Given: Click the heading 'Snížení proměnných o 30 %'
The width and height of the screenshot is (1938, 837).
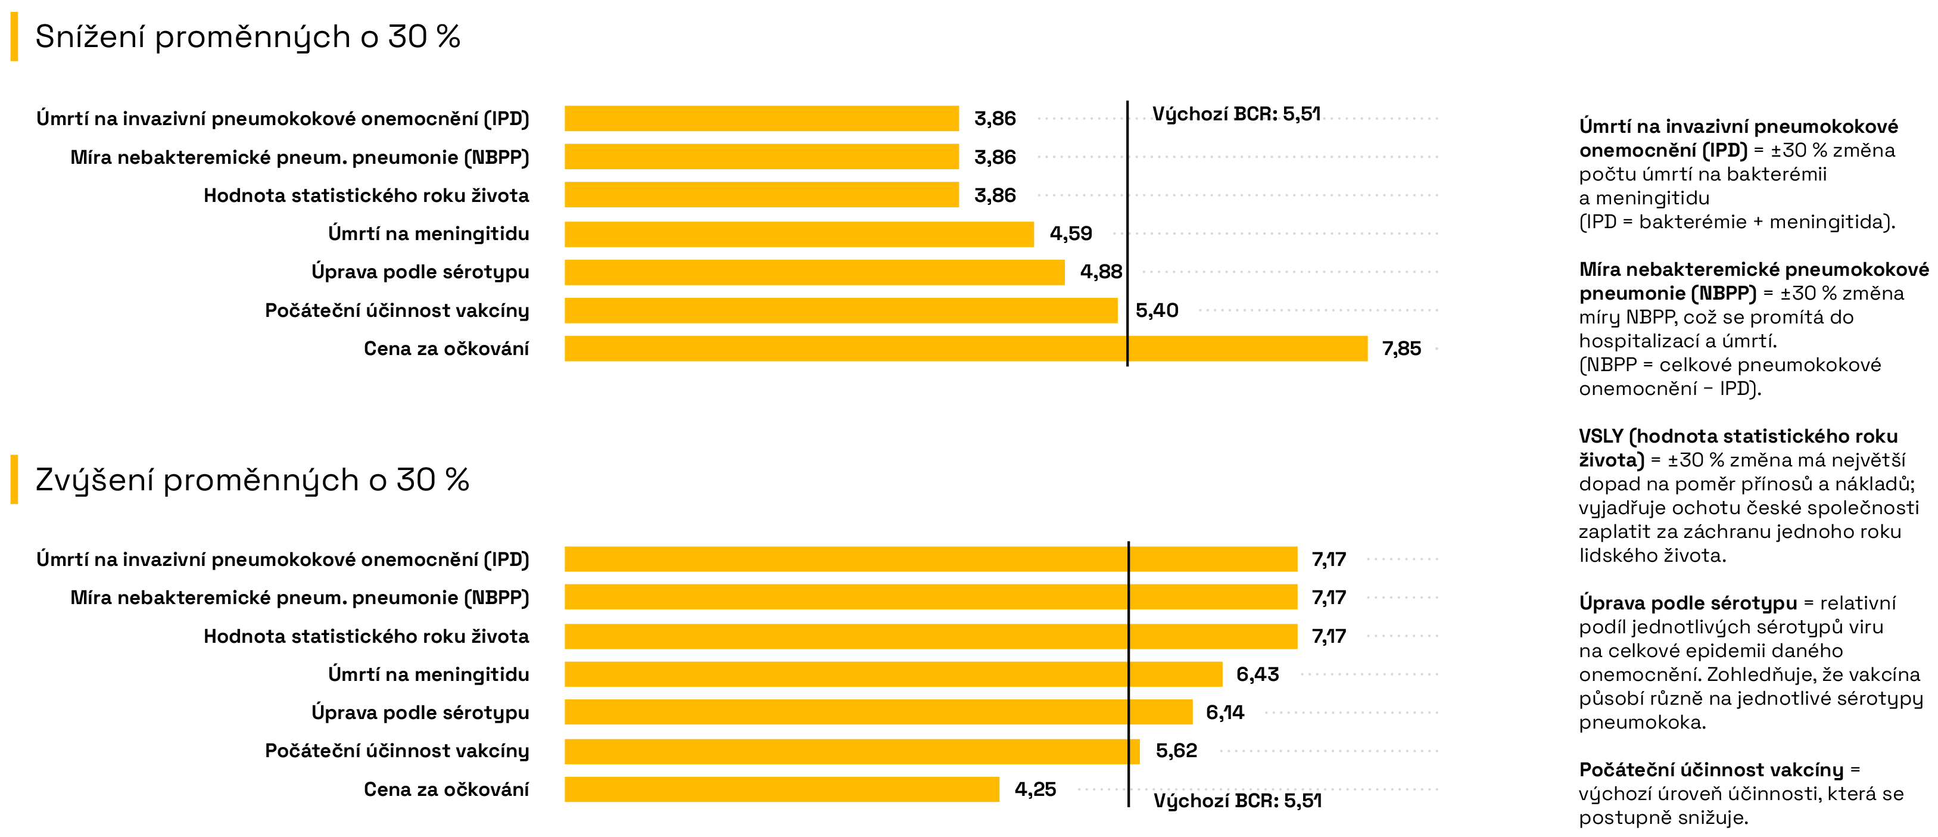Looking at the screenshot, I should pos(248,37).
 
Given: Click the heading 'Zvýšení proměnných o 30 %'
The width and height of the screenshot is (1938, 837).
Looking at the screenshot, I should pos(252,480).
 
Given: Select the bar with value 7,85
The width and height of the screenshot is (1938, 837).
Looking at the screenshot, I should pos(965,349).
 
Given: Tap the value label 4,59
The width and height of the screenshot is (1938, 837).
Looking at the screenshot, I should pos(1071,234).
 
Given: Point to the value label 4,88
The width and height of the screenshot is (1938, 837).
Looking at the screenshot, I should pos(1101,272).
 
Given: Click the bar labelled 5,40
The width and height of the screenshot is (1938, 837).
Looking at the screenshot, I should pos(840,310).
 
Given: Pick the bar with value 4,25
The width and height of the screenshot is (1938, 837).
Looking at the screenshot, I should pos(781,789).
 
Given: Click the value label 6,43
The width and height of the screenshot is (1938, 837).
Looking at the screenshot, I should pos(1257,674).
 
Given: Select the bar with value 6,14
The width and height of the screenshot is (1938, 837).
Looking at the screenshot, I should pos(878,712).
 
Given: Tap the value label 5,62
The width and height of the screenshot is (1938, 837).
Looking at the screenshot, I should pos(1176,751).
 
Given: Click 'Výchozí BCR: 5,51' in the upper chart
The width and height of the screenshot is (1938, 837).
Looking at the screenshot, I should pos(1236,114).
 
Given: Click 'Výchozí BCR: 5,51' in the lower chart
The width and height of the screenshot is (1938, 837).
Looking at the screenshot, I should pos(1238,800).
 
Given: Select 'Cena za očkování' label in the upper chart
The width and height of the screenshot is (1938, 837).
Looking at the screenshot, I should pos(446,349).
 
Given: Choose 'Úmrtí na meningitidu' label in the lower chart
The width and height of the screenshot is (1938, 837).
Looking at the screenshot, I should pos(428,674).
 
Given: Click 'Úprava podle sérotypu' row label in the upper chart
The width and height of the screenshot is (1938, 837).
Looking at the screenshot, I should pos(420,272).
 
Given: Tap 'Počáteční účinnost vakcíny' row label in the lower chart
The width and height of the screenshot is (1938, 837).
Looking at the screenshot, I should pos(397,751).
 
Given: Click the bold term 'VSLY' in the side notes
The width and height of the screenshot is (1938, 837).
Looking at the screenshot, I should pos(1601,436).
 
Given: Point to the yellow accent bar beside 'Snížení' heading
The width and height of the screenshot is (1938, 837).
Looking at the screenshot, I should pos(14,37).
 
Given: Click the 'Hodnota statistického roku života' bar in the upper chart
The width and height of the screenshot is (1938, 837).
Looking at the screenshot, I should pos(761,195).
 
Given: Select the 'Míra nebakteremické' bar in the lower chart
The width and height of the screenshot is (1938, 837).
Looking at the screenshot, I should pos(931,598).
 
